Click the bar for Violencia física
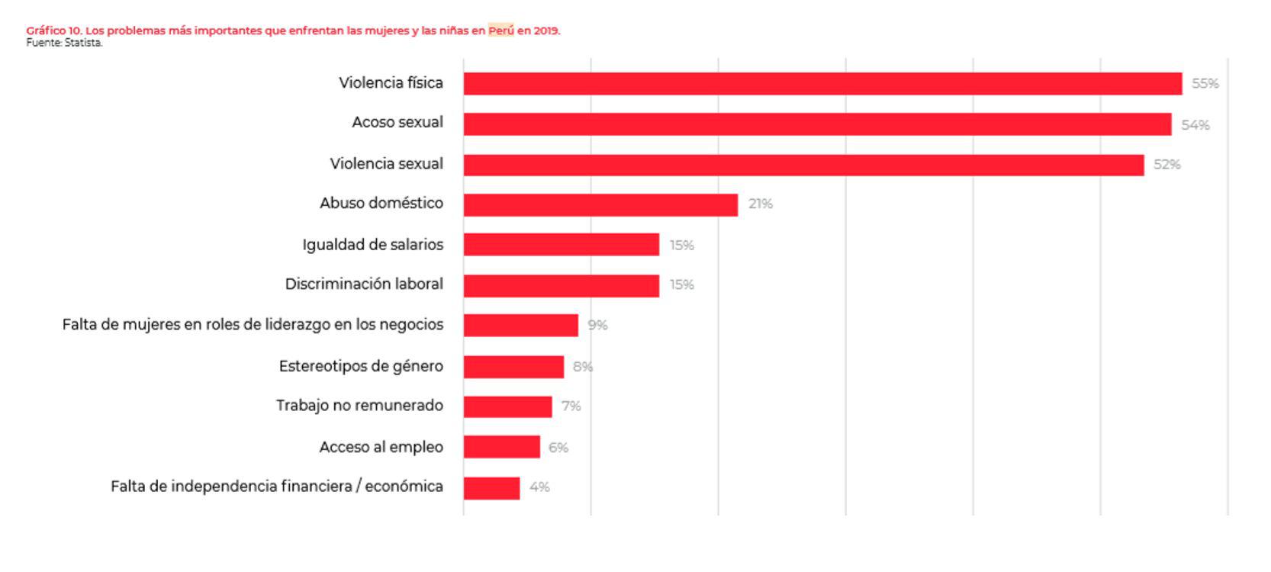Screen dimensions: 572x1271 pos(822,84)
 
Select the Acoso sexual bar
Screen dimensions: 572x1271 pos(817,124)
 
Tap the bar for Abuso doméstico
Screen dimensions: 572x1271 pos(600,204)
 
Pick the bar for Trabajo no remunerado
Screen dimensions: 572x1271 pos(507,407)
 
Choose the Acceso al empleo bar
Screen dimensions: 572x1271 pos(501,447)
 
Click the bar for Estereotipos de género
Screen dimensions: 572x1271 pos(513,367)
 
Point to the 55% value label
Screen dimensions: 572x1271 pos(1205,84)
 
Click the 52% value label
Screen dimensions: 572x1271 pos(1166,165)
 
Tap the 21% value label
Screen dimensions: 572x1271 pos(760,204)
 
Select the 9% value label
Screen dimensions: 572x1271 pos(597,326)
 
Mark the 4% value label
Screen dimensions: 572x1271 pos(539,487)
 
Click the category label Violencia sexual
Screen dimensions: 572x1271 pos(386,164)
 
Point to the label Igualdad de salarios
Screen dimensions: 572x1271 pos(372,245)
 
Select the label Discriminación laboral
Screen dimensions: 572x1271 pos(364,284)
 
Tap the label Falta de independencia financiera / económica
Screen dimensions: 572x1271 pos(276,487)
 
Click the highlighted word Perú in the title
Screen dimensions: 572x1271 pos(500,31)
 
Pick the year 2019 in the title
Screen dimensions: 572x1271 pos(546,31)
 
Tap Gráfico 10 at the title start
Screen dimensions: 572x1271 pos(53,31)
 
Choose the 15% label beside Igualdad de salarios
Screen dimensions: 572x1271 pos(681,246)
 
